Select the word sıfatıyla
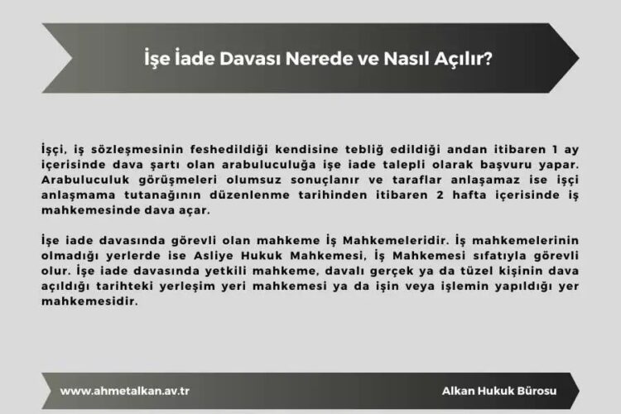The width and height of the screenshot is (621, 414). tap(485, 253)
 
